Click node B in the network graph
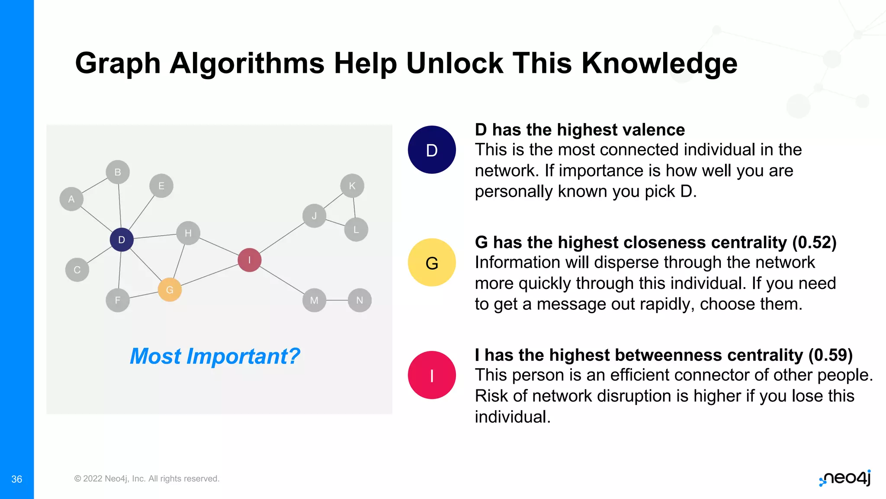click(x=118, y=172)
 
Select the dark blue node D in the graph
click(x=122, y=240)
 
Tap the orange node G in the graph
click(x=170, y=290)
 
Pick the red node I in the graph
click(x=250, y=260)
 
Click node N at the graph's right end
click(x=360, y=300)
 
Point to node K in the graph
click(x=352, y=186)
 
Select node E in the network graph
click(x=161, y=186)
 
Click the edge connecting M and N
click(x=337, y=300)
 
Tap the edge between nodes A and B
click(x=94, y=185)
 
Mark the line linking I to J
click(x=282, y=238)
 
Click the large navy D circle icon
click(x=432, y=150)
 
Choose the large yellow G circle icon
click(x=432, y=262)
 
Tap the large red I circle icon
click(x=432, y=375)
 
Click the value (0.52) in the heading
click(x=814, y=243)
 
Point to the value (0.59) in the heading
click(x=830, y=355)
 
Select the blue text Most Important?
click(x=215, y=356)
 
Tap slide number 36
click(x=16, y=479)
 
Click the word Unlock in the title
click(x=455, y=63)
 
